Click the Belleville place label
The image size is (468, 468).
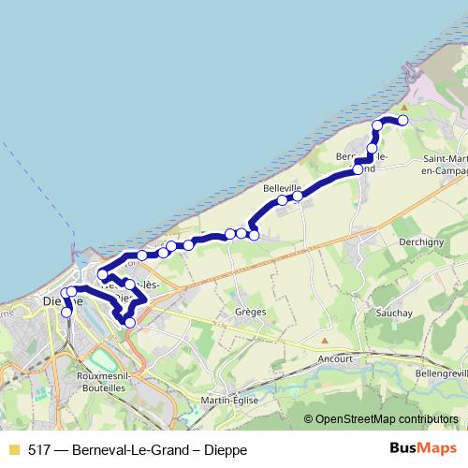[282, 188]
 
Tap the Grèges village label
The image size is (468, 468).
[252, 312]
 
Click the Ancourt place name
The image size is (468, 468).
[335, 358]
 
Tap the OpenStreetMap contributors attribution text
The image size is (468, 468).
[388, 418]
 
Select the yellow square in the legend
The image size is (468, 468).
[13, 450]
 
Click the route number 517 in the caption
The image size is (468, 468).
[40, 450]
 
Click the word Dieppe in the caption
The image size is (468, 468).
[227, 450]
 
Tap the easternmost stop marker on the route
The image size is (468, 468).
[403, 121]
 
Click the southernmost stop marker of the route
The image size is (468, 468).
[129, 322]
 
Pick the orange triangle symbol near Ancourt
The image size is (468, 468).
[325, 341]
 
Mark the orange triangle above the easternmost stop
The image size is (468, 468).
[404, 107]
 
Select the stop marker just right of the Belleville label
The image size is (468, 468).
[298, 197]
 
